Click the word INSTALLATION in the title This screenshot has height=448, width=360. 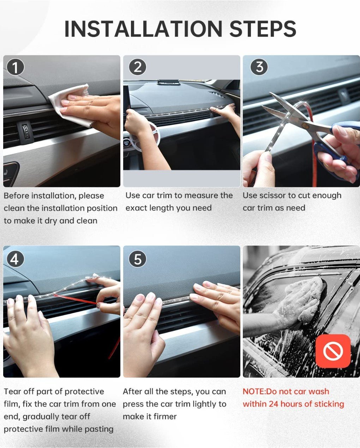[143, 29]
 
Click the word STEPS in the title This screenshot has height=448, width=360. [263, 29]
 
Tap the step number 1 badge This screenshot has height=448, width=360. [16, 67]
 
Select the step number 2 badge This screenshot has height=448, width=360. [138, 67]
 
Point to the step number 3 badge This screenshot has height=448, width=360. [259, 67]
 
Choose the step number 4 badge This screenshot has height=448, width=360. [16, 259]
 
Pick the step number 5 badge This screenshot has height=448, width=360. [138, 259]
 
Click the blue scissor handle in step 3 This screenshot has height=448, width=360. [333, 144]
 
